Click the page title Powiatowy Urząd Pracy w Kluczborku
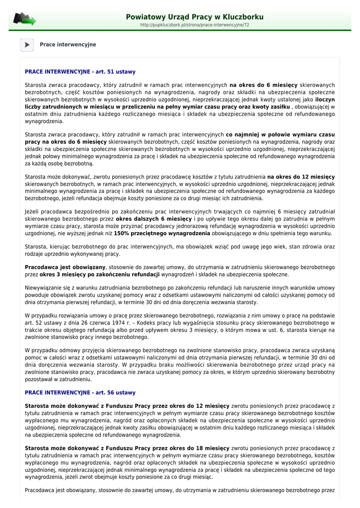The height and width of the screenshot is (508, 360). coord(195,17)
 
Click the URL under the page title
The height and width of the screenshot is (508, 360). coord(195,25)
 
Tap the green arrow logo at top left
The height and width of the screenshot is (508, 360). coord(24,19)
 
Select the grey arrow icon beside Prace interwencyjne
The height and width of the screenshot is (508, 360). coord(27,45)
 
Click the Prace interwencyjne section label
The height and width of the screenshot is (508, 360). coord(68,45)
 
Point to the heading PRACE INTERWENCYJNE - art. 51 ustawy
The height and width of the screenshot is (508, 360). coord(80,72)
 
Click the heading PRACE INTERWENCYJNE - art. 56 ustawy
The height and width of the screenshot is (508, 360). coord(80,392)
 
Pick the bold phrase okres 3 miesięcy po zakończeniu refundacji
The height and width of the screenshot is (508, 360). coord(99,274)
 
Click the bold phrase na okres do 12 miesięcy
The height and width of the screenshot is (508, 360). coord(301,177)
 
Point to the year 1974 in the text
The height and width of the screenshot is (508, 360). coord(122,323)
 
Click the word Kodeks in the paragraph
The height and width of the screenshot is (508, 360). coord(148,323)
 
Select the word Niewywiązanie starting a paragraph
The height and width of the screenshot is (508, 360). coord(42,288)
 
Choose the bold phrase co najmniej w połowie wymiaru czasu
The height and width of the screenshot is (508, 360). coord(280,134)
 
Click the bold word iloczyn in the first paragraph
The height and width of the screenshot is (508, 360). coord(325,99)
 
